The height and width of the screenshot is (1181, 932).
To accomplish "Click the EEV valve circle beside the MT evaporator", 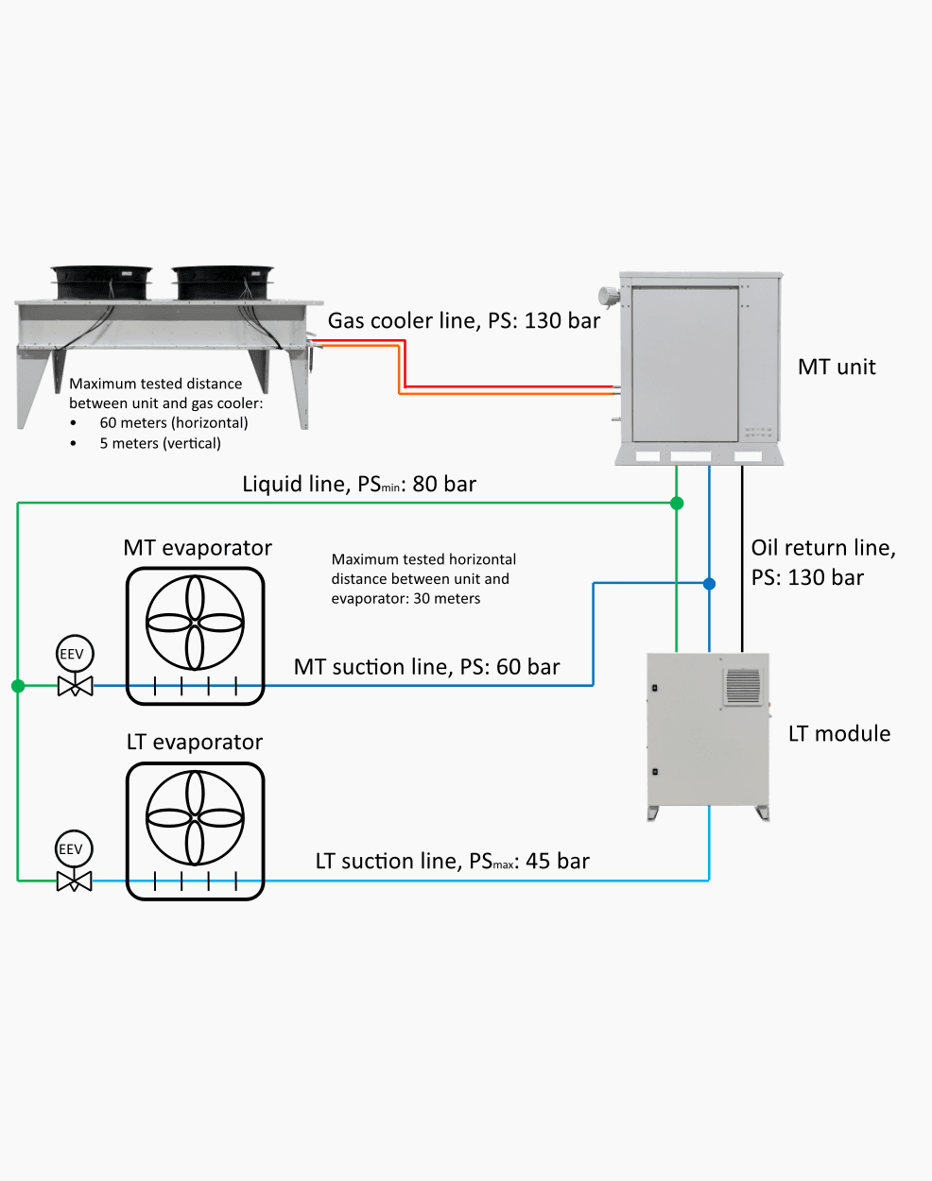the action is click(x=76, y=654).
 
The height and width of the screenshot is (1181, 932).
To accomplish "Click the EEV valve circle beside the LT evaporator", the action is click(x=74, y=848).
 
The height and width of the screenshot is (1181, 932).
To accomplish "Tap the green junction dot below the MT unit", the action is click(x=677, y=503).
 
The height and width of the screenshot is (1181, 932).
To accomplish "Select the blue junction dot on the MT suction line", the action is click(x=709, y=583).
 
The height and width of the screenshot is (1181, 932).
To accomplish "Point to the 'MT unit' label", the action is click(x=837, y=368).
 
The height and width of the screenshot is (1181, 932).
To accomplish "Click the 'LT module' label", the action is click(x=839, y=734).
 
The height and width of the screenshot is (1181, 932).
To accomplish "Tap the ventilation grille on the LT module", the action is click(x=743, y=686).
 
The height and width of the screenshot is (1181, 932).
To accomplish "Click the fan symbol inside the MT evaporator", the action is click(x=195, y=623).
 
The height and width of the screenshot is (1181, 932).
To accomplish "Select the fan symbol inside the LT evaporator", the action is click(x=195, y=817).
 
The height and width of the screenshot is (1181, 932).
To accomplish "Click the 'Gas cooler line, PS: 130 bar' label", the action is click(x=464, y=321).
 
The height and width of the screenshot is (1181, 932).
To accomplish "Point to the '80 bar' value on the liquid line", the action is click(x=444, y=484).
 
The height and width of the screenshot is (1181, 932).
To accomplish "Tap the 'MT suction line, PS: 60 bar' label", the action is click(x=426, y=667).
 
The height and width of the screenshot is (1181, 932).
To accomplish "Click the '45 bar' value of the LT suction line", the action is click(x=558, y=861).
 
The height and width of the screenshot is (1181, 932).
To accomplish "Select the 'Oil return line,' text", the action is click(x=823, y=548).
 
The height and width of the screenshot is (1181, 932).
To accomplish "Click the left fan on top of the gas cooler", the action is click(x=101, y=282).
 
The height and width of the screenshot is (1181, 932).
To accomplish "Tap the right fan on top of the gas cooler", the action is click(x=222, y=282).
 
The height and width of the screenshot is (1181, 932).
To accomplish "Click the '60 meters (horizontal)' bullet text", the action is click(x=174, y=422).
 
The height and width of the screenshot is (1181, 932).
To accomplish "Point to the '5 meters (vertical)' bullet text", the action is click(x=161, y=443).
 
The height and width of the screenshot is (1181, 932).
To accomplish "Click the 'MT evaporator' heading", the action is click(x=198, y=548).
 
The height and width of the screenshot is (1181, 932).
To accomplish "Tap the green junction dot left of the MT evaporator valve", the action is click(x=18, y=685).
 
